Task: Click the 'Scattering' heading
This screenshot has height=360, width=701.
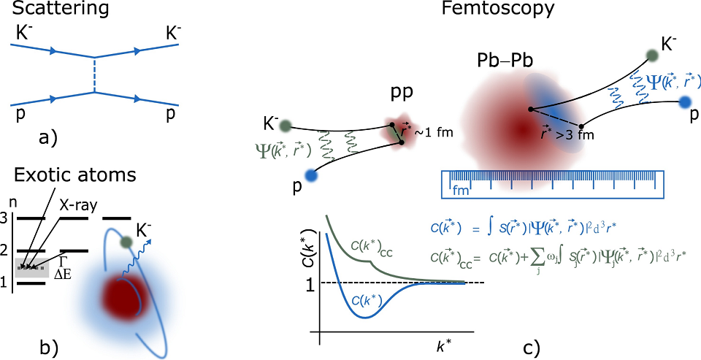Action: point(45,12)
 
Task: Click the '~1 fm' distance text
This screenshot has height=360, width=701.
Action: point(435,133)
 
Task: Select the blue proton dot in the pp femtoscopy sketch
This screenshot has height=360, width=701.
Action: point(313,176)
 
